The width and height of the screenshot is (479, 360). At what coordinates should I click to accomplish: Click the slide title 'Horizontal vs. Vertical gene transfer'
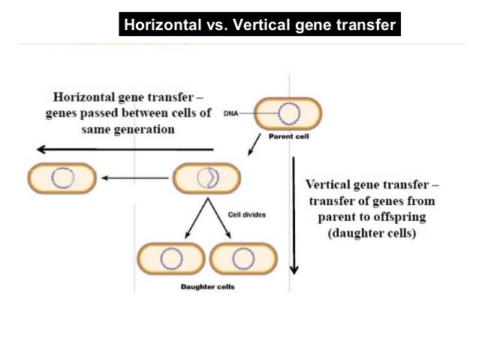pyautogui.click(x=259, y=26)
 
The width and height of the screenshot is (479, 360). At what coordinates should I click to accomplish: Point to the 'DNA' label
pyautogui.click(x=231, y=113)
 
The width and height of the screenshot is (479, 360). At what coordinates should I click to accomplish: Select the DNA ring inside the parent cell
pyautogui.click(x=288, y=113)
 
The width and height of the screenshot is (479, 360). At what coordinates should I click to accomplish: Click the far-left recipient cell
pyautogui.click(x=62, y=178)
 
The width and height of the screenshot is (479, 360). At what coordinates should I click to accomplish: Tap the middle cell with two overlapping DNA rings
pyautogui.click(x=206, y=178)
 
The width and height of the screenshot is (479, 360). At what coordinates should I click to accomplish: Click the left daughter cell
pyautogui.click(x=171, y=259)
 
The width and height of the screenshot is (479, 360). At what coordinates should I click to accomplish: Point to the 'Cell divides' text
pyautogui.click(x=246, y=214)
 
